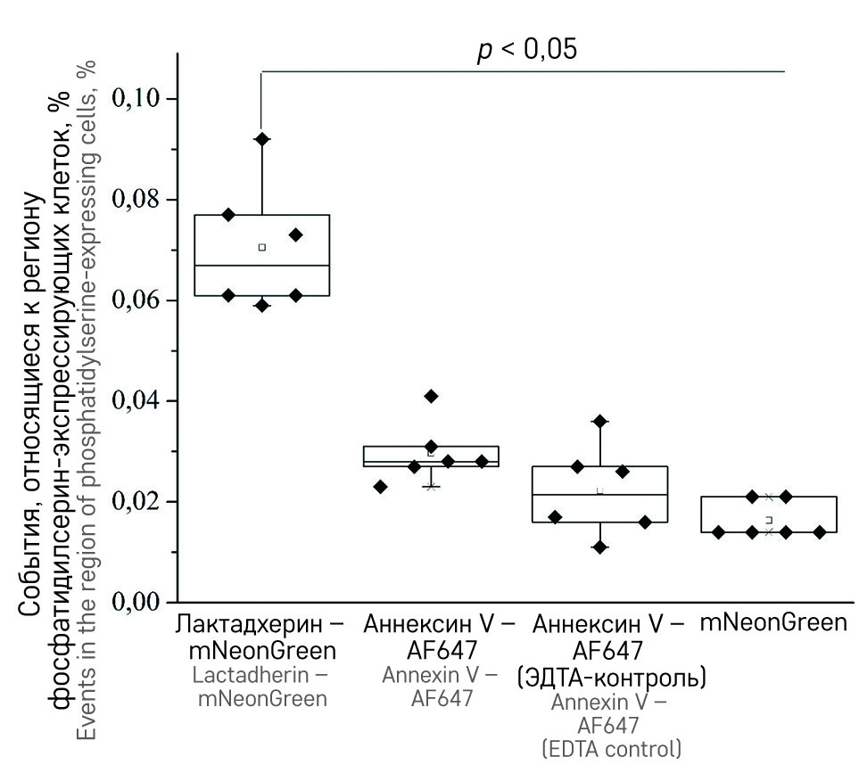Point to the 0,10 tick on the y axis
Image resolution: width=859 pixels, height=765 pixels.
(142, 97)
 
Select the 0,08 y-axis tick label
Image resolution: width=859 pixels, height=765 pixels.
(142, 199)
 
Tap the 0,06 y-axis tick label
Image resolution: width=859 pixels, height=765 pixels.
(142, 300)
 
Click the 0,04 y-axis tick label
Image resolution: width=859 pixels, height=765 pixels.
(142, 400)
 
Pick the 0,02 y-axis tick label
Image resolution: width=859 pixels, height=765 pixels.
(142, 501)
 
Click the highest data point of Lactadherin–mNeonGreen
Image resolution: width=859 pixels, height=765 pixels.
(262, 139)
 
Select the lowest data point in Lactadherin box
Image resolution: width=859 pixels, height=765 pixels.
(262, 306)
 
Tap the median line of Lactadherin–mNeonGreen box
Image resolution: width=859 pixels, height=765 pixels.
(262, 265)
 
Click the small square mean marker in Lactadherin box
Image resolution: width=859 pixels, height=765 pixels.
(262, 247)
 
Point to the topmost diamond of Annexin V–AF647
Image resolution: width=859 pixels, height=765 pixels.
(432, 396)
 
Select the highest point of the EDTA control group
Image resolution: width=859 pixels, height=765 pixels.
(600, 421)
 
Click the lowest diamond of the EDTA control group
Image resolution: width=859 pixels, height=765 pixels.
(600, 547)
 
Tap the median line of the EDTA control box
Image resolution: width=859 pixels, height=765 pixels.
(600, 494)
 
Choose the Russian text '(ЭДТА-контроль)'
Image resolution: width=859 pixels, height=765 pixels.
(612, 677)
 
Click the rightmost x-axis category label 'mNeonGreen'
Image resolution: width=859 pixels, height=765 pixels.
(772, 622)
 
